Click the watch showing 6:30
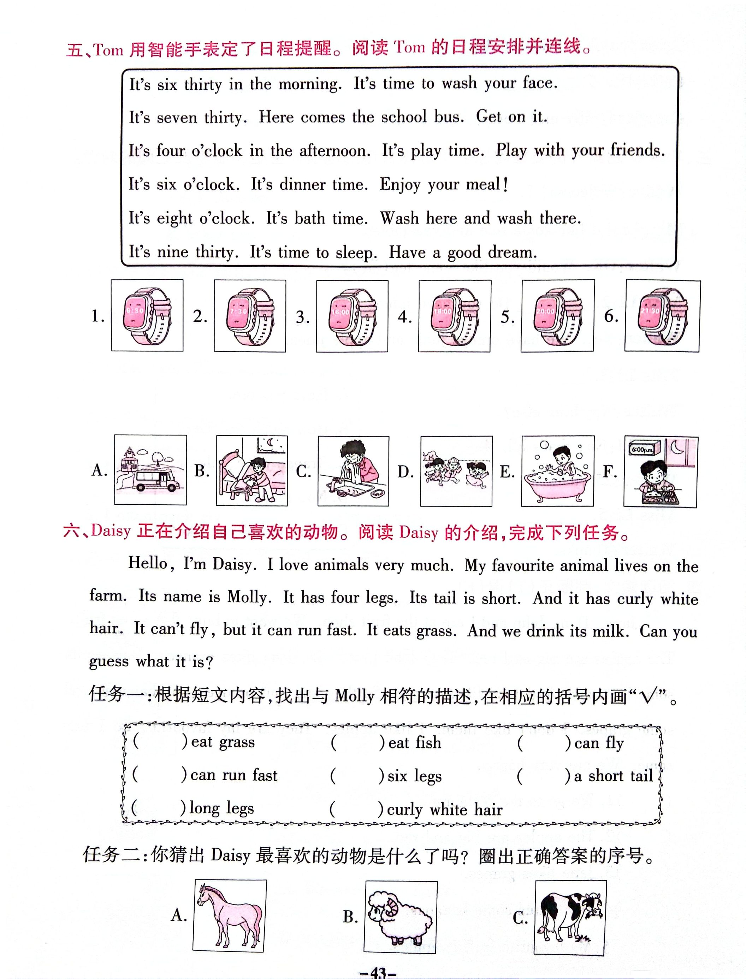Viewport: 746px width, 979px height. coord(147,316)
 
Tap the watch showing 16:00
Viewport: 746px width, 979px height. coord(352,316)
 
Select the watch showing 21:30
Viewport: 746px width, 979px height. coord(662,316)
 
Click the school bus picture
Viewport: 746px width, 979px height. coord(150,470)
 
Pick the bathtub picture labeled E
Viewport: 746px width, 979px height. coord(558,471)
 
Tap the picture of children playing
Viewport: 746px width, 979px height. coord(456,471)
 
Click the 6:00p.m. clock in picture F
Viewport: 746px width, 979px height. coord(642,450)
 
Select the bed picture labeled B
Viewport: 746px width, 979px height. coord(252,471)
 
